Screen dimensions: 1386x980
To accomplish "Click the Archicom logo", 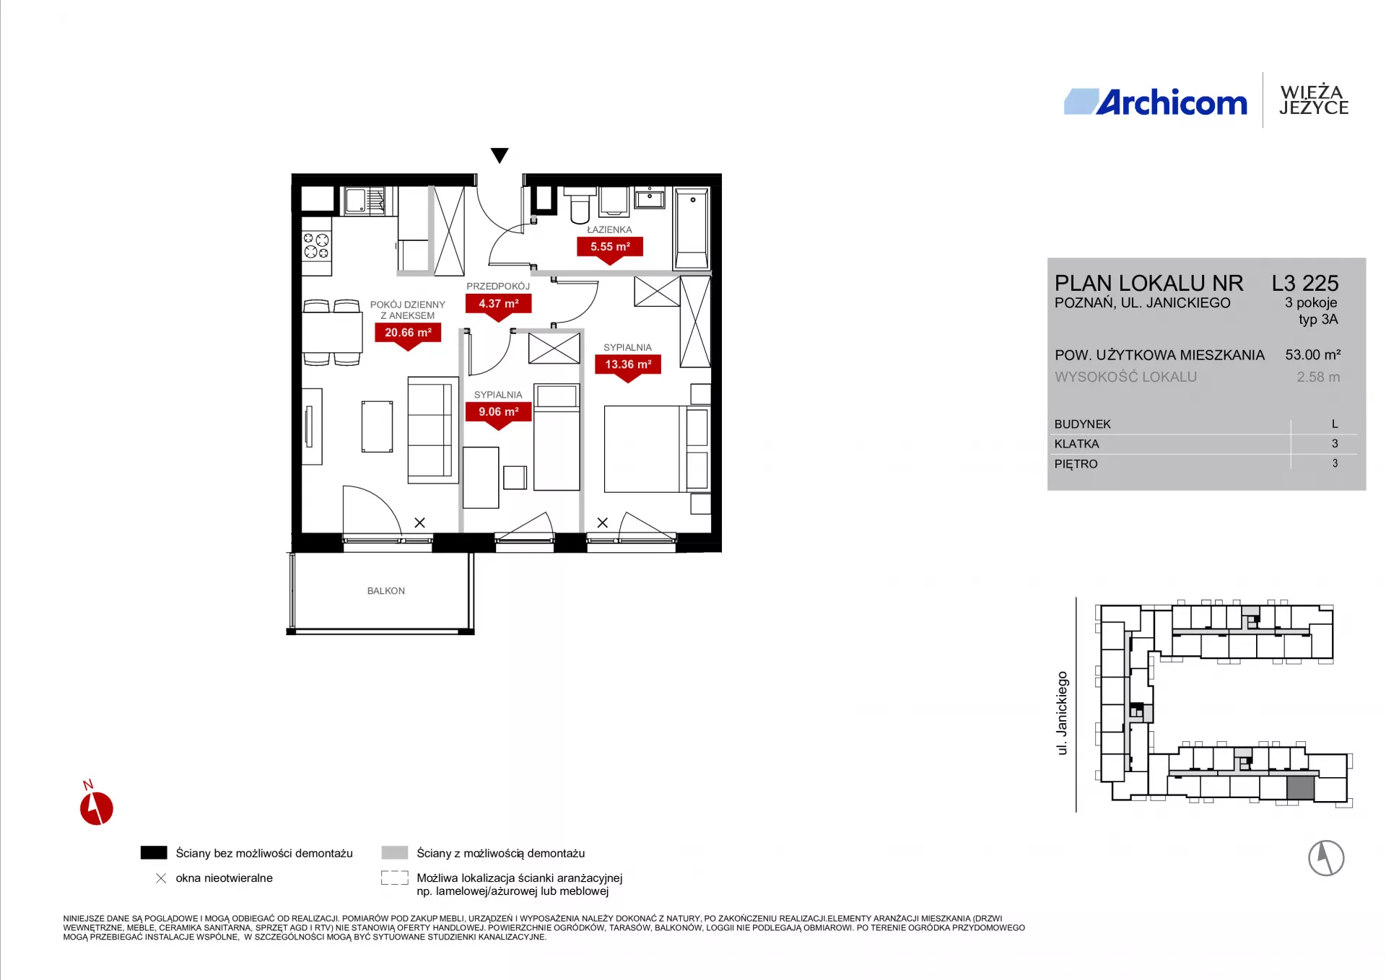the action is (x=1155, y=102).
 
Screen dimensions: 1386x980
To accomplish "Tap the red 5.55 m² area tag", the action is (x=610, y=249).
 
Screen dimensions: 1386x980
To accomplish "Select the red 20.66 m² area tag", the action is (x=408, y=335).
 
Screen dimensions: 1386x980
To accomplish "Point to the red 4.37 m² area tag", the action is (x=499, y=306).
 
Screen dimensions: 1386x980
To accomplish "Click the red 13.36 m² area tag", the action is (x=628, y=367).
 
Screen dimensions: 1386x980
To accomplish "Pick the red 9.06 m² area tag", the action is (x=499, y=414).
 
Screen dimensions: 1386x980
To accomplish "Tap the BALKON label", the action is (x=386, y=591).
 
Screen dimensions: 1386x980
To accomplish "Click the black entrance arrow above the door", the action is (x=500, y=155).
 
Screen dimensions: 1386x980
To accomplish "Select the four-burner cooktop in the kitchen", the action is (x=316, y=246).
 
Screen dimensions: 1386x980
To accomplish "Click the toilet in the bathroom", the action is (x=580, y=205).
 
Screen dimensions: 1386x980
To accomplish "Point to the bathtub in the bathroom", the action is (x=692, y=228).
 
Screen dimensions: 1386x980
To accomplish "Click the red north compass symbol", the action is (x=96, y=807).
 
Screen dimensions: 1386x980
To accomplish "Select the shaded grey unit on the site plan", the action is (x=1301, y=788).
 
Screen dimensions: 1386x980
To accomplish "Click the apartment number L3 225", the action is (x=1305, y=283).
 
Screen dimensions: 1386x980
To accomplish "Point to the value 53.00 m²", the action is (x=1313, y=354).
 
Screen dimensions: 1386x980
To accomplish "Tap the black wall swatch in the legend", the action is (x=154, y=852).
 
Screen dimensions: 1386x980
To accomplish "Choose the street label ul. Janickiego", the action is (x=1062, y=713).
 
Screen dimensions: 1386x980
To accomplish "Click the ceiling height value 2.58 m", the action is (x=1318, y=377).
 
